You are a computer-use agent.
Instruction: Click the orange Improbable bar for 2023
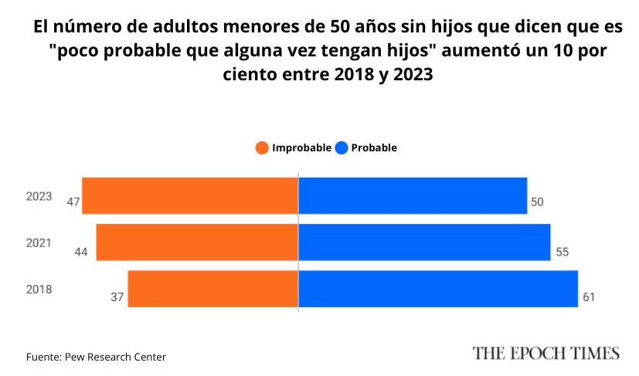[x=190, y=195]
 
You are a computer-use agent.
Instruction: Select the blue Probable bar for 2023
[x=413, y=195]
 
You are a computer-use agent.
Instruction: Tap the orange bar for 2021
[x=197, y=242]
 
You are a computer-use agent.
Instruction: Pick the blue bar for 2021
[x=424, y=242]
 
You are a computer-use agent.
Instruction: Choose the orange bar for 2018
[x=212, y=289]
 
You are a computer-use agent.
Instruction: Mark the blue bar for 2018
[x=438, y=289]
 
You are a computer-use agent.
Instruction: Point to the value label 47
[x=74, y=202]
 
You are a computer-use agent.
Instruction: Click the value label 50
[x=538, y=202]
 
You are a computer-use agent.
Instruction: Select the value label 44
[x=80, y=251]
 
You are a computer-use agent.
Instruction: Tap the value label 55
[x=561, y=251]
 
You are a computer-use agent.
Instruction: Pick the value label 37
[x=117, y=296]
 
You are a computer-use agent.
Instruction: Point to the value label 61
[x=589, y=296]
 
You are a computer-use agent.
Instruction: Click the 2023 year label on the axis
[x=39, y=196]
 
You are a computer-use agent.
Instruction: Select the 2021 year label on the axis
[x=39, y=242]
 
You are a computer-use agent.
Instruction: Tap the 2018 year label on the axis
[x=39, y=290]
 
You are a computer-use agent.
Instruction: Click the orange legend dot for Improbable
[x=262, y=147]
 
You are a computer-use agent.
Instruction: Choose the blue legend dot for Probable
[x=342, y=147]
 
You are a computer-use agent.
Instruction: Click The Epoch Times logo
[x=546, y=354]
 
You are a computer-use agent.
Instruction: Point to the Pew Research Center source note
[x=96, y=357]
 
